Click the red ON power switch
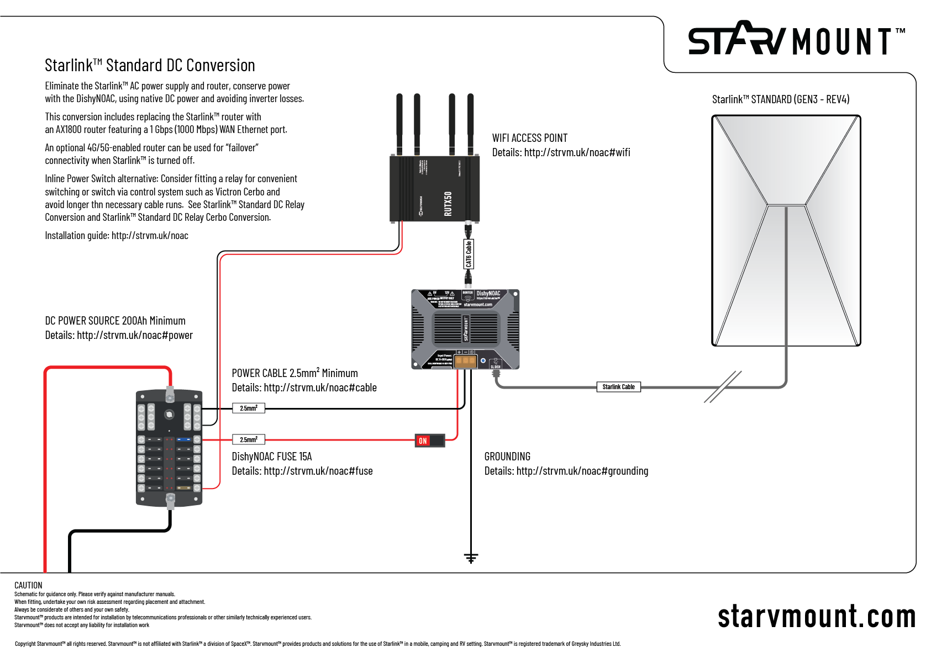point(429,441)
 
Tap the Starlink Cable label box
point(618,387)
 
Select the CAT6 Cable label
point(469,254)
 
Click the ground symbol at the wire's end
point(471,558)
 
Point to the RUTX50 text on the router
point(448,204)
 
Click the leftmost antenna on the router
point(399,124)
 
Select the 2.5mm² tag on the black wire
point(248,408)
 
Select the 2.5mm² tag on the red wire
point(248,440)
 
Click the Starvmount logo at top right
point(795,40)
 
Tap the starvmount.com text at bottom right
point(816,617)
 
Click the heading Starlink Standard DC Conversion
point(150,66)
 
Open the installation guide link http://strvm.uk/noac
point(150,236)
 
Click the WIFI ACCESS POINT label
point(529,138)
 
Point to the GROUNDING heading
point(507,457)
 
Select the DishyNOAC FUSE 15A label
point(271,457)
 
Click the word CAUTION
point(28,585)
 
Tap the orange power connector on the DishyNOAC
point(465,361)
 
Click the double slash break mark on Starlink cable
point(722,387)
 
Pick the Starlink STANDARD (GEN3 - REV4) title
point(780,99)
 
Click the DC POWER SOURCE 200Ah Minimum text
point(115,321)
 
